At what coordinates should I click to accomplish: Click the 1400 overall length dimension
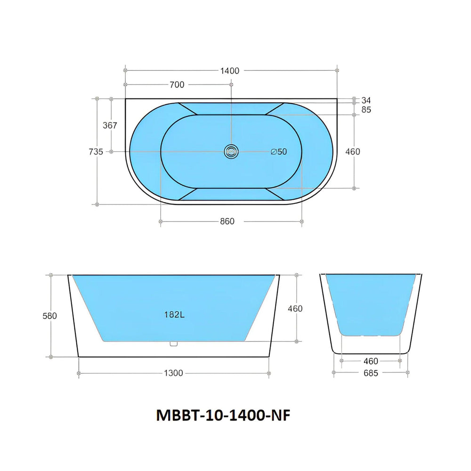click(230, 71)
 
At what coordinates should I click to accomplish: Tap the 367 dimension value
click(109, 125)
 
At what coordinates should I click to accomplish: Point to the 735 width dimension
click(96, 152)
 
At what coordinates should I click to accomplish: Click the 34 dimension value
click(366, 100)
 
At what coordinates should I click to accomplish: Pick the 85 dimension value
click(366, 110)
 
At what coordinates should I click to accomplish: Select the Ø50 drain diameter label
click(279, 152)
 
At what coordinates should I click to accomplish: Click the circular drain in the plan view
click(231, 151)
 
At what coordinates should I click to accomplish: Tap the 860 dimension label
click(227, 222)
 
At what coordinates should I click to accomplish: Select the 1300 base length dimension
click(173, 373)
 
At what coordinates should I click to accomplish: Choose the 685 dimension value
click(370, 373)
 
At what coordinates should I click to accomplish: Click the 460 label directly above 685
click(370, 361)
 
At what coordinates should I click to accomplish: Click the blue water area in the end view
click(371, 304)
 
